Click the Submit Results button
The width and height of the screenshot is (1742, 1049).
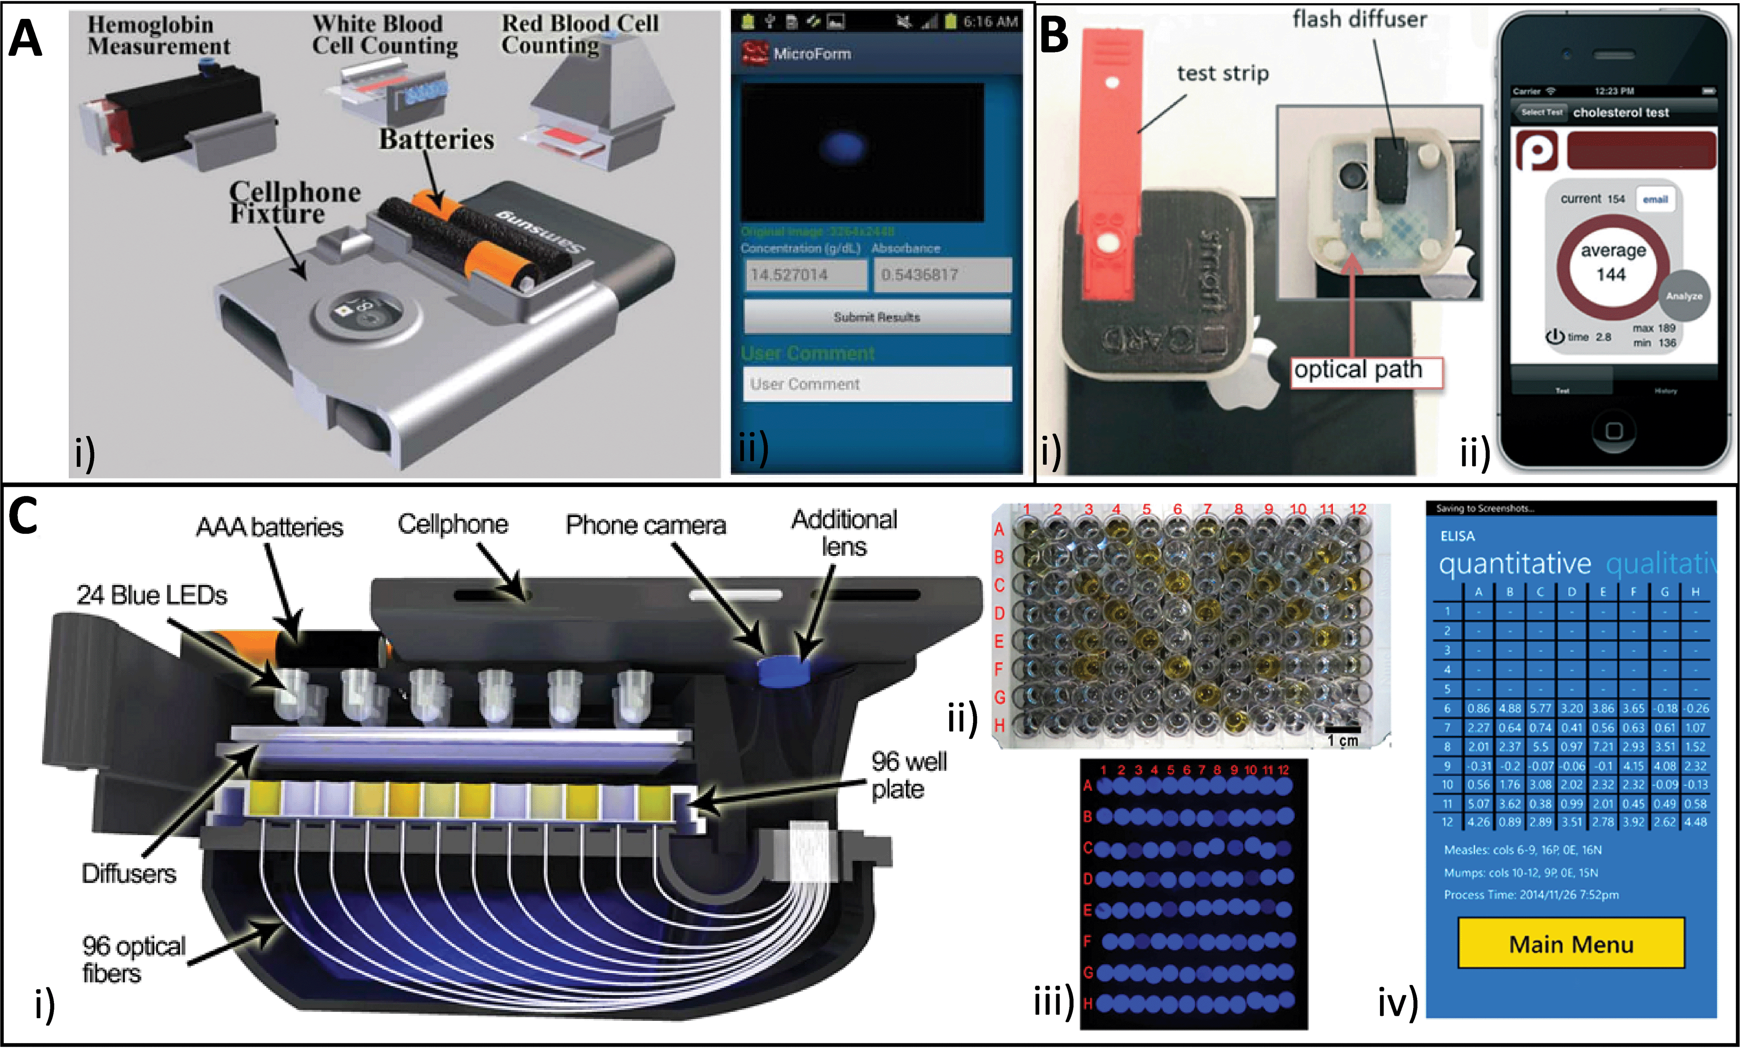click(x=877, y=317)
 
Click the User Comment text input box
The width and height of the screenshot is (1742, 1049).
click(x=877, y=384)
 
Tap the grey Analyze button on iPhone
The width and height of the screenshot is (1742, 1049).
click(x=1684, y=295)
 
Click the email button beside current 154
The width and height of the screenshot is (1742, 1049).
click(x=1655, y=200)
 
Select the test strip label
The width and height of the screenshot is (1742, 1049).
click(x=1222, y=74)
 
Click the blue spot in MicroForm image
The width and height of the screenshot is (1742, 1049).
click(x=842, y=147)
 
